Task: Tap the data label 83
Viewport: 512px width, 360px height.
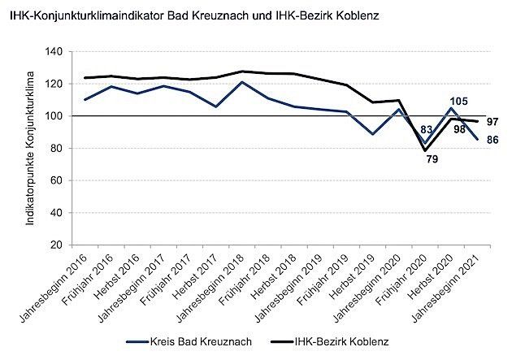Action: [425, 129]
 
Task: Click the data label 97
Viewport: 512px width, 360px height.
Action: [492, 121]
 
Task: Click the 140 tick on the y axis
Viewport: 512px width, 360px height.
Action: [55, 51]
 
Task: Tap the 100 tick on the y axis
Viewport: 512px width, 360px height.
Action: [55, 116]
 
